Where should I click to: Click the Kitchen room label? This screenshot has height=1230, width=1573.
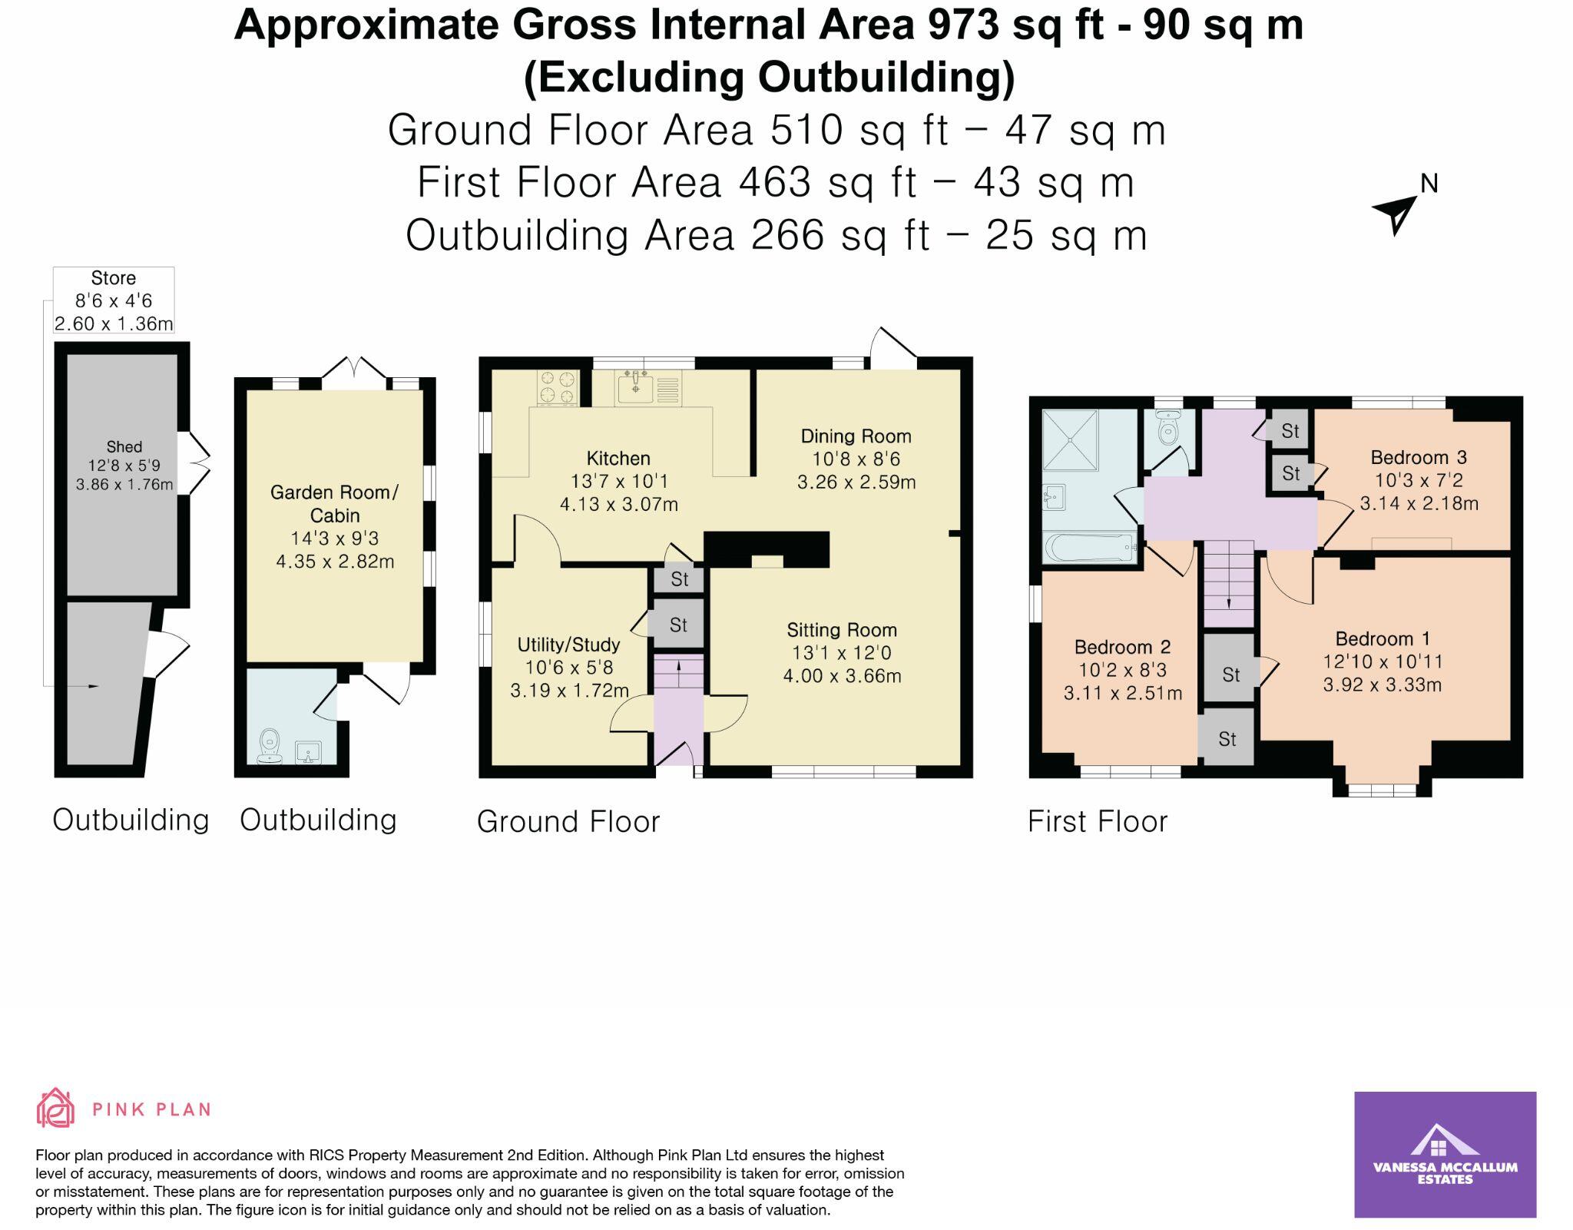tap(618, 459)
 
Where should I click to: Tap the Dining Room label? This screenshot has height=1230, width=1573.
tap(856, 436)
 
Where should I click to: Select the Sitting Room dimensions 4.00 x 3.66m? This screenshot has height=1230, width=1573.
tap(842, 676)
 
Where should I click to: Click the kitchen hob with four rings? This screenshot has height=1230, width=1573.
tap(558, 387)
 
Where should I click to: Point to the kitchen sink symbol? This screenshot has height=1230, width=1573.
tap(635, 387)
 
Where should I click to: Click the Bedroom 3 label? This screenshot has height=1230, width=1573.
tap(1419, 458)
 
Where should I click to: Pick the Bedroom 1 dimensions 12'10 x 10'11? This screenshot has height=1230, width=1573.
tap(1383, 661)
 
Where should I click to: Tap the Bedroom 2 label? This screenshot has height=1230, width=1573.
tap(1123, 647)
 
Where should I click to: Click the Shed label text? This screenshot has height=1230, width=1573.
tap(124, 446)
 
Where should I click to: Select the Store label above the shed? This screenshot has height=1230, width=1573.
tap(114, 278)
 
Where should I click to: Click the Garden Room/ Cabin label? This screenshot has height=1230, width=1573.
tap(335, 503)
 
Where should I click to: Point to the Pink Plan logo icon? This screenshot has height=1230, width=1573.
tap(55, 1108)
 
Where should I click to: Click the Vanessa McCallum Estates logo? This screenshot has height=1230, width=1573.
tap(1445, 1154)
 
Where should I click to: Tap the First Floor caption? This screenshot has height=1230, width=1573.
tap(1097, 821)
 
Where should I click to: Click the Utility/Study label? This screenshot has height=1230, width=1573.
tap(568, 645)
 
